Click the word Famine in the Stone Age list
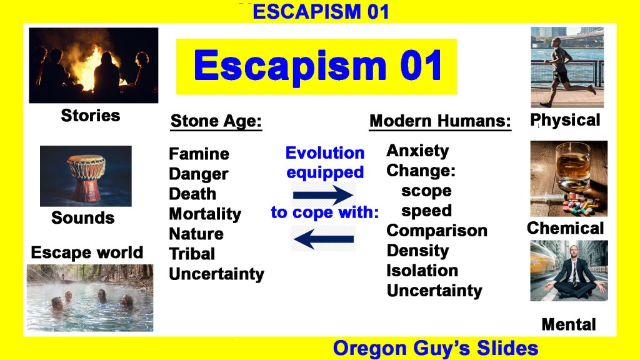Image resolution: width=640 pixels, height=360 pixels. [x=199, y=154]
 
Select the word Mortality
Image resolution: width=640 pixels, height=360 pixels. [x=205, y=214]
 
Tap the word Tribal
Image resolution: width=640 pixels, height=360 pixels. [x=192, y=254]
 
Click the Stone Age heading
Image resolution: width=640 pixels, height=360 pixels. [x=216, y=121]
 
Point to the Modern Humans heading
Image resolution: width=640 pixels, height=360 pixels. [x=440, y=121]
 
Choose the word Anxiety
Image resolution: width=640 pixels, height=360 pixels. [x=417, y=151]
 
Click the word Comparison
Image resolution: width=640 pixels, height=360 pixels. [x=437, y=231]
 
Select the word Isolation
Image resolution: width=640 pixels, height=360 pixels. [x=422, y=271]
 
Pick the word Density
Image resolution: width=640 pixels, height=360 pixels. [x=417, y=251]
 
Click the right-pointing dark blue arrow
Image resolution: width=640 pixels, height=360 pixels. [x=323, y=195]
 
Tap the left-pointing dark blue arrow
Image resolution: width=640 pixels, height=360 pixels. [x=324, y=239]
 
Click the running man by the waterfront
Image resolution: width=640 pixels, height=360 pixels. [x=565, y=71]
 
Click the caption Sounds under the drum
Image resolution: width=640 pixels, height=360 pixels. [x=83, y=217]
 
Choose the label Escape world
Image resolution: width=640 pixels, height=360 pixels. [x=87, y=252]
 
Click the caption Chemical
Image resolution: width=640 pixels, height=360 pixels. [x=565, y=228]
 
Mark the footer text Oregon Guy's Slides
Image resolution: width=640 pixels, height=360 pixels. [x=436, y=348]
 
